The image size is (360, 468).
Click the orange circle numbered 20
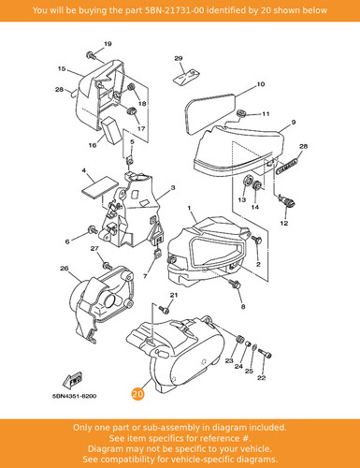137,394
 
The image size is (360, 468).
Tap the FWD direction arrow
73,379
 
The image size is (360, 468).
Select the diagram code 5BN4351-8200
74,396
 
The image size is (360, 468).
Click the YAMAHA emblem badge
287,167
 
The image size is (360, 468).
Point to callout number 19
108,44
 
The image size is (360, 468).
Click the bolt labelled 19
91,55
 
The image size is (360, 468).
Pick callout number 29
179,58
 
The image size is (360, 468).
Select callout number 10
261,84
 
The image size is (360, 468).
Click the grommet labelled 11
241,113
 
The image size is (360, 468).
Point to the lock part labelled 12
287,200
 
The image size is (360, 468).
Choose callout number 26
65,269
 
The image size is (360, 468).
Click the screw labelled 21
165,310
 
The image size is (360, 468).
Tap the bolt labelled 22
266,353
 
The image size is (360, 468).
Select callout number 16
93,145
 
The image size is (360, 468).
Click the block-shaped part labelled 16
111,130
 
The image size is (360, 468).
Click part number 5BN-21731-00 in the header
175,10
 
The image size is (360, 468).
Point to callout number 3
173,187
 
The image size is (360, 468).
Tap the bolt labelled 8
236,284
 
